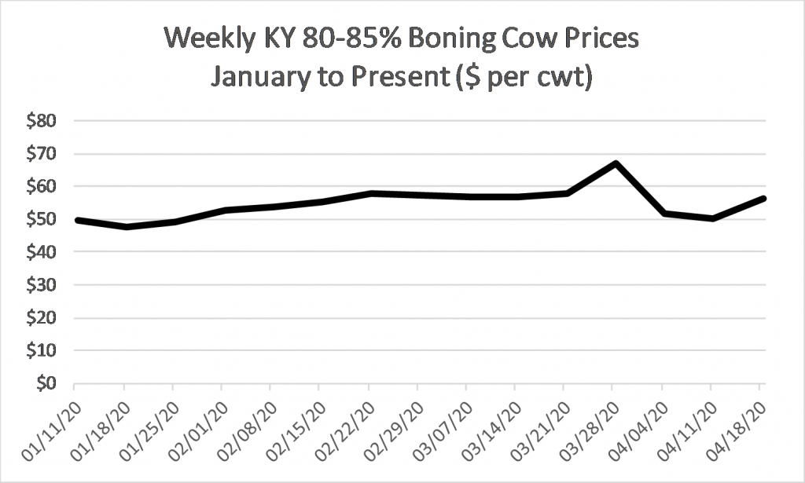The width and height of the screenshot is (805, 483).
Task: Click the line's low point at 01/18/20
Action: pyautogui.click(x=125, y=227)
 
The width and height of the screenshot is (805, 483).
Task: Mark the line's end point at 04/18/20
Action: pyautogui.click(x=762, y=199)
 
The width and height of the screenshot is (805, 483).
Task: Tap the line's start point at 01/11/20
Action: pyautogui.click(x=76, y=220)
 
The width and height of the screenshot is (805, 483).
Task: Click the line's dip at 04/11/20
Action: pyautogui.click(x=712, y=218)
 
